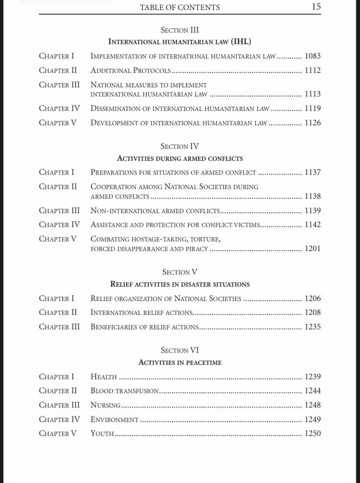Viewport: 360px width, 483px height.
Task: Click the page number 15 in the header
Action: pos(316,7)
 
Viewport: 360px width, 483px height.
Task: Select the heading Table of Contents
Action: pos(180,8)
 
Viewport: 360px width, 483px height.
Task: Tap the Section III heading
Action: pos(180,30)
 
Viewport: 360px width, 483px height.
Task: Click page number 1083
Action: pos(312,56)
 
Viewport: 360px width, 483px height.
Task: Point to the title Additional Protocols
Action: pos(130,70)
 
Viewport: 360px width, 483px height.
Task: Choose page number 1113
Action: pos(312,94)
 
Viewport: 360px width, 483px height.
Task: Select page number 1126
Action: pos(312,123)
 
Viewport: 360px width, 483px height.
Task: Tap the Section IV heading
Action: pos(180,146)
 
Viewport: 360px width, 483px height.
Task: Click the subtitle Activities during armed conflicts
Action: pos(180,158)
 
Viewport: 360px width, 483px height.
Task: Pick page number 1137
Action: pos(312,172)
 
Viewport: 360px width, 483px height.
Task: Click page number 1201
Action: pos(312,249)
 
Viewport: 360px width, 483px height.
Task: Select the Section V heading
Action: pos(180,272)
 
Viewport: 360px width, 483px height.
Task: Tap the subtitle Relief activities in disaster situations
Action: pos(180,284)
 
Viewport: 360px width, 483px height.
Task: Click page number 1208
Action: pos(312,312)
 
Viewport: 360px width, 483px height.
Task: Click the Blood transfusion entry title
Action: pos(124,391)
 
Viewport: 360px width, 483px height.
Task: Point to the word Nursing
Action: pos(105,405)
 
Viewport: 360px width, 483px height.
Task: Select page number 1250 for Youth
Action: pos(312,433)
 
